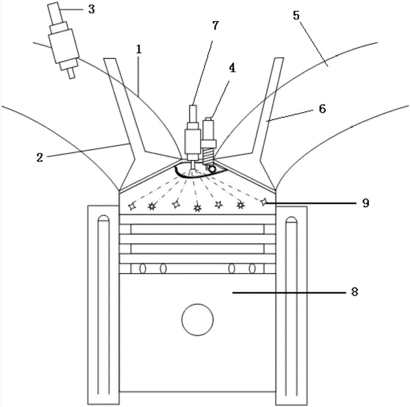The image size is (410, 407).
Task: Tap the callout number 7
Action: (215, 25)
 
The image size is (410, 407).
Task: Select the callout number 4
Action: (232, 69)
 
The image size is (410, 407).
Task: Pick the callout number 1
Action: (139, 50)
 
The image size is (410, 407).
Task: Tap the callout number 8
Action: (355, 292)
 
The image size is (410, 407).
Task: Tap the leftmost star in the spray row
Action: (132, 206)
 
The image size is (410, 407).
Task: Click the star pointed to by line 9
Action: (265, 201)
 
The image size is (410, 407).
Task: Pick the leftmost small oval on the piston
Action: (143, 269)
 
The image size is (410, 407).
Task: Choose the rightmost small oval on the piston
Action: (252, 269)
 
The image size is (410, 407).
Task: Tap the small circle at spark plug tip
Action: (212, 168)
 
